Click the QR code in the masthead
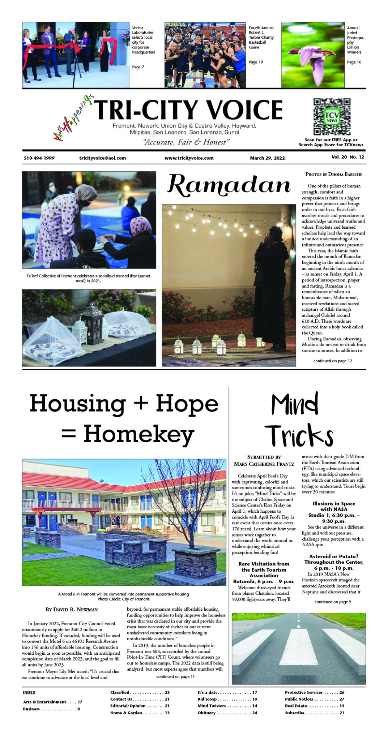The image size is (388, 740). pyautogui.click(x=332, y=117)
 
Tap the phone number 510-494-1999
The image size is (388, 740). pyautogui.click(x=39, y=158)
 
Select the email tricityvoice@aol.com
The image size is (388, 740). pyautogui.click(x=103, y=158)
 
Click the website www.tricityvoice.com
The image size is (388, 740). pyautogui.click(x=189, y=158)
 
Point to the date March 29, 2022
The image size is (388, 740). pyautogui.click(x=267, y=158)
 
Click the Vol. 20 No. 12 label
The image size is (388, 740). pyautogui.click(x=348, y=157)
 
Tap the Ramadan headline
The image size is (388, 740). pyautogui.click(x=229, y=185)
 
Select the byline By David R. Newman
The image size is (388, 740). pyautogui.click(x=72, y=610)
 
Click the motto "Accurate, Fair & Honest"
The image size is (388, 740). pyautogui.click(x=187, y=142)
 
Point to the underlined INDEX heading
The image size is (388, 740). pyautogui.click(x=29, y=692)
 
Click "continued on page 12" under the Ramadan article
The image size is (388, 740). pyautogui.click(x=332, y=361)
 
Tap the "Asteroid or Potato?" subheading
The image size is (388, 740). pyautogui.click(x=333, y=556)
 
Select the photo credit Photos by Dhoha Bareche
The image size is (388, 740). pyautogui.click(x=334, y=174)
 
